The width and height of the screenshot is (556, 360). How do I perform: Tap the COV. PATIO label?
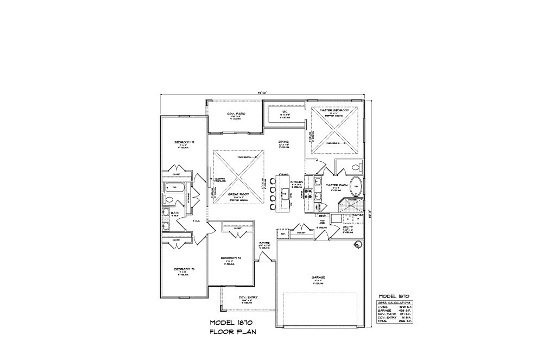pyautogui.click(x=236, y=114)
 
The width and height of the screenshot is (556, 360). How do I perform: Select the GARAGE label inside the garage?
pyautogui.click(x=318, y=277)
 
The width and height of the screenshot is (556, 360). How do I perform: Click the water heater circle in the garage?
pyautogui.click(x=357, y=245)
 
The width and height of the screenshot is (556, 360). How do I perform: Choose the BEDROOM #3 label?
pyautogui.click(x=181, y=269)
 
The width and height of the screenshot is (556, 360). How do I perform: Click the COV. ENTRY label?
pyautogui.click(x=248, y=297)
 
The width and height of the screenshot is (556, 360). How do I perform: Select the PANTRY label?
pyautogui.click(x=301, y=232)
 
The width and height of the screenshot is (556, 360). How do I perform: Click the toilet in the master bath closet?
pyautogui.click(x=356, y=167)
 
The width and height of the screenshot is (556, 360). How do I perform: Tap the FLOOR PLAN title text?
pyautogui.click(x=233, y=331)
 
